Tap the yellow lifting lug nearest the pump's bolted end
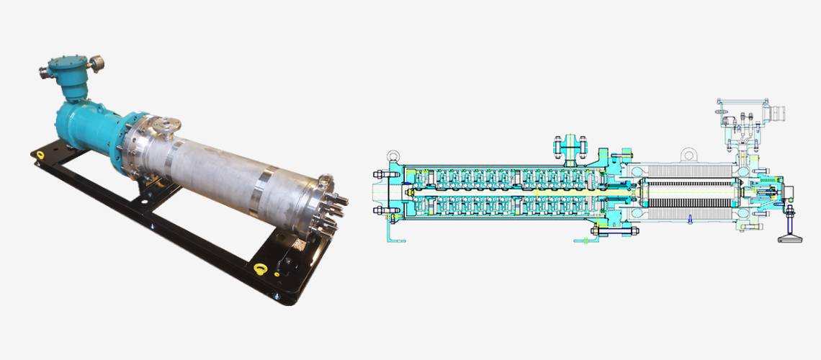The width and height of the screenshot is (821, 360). tap(261, 269)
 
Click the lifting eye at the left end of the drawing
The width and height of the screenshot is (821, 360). tap(392, 156)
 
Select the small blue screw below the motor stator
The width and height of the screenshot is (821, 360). tap(689, 220)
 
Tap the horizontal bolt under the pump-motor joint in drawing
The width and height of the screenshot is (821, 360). tap(615, 231)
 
